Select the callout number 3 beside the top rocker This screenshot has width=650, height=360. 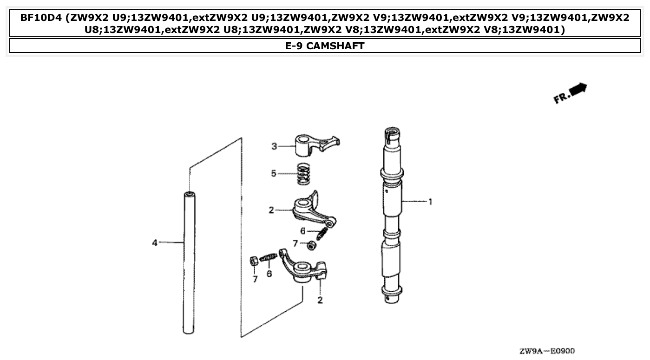tap(274, 146)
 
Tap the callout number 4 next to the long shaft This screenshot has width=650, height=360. tap(155, 242)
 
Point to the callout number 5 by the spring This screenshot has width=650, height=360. tap(274, 173)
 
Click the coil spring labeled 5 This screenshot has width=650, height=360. tap(303, 174)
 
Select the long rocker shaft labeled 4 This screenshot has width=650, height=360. tap(188, 262)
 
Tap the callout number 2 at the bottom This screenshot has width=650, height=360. tap(320, 300)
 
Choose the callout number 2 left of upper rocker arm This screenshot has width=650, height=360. tap(271, 210)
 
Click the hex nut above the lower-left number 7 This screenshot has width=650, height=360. tap(255, 261)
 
